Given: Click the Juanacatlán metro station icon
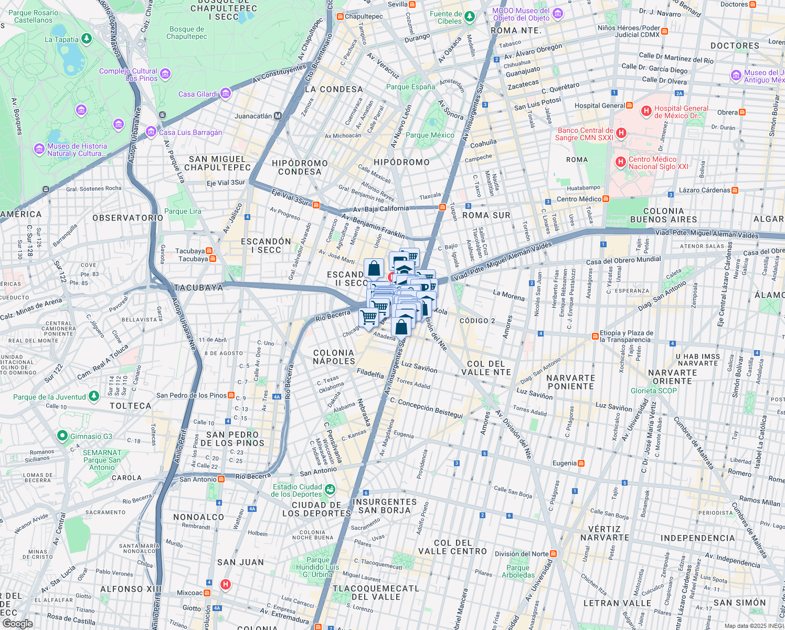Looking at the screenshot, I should [x=278, y=116].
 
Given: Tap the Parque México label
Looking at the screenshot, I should [x=430, y=135].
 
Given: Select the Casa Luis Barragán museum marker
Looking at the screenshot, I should [x=151, y=131].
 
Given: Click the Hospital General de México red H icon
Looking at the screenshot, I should [x=646, y=111].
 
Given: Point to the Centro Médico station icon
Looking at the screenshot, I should [x=606, y=199].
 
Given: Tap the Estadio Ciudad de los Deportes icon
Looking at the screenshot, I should [x=330, y=490].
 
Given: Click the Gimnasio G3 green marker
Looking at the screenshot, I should [x=62, y=436].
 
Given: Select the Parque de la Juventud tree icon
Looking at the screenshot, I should [x=94, y=396].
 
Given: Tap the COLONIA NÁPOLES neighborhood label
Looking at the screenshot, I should [x=334, y=357].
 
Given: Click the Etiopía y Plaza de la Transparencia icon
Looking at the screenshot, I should [x=595, y=336].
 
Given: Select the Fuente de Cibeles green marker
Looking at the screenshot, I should [x=470, y=17].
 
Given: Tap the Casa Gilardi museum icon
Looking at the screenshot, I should [x=226, y=93].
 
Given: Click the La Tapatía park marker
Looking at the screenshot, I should [x=87, y=38].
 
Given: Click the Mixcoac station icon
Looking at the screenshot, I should [x=207, y=593].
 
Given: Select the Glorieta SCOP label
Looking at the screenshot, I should [x=653, y=391].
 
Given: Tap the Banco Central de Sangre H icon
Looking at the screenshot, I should [x=621, y=133].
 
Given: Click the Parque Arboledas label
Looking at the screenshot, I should [x=518, y=571].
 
